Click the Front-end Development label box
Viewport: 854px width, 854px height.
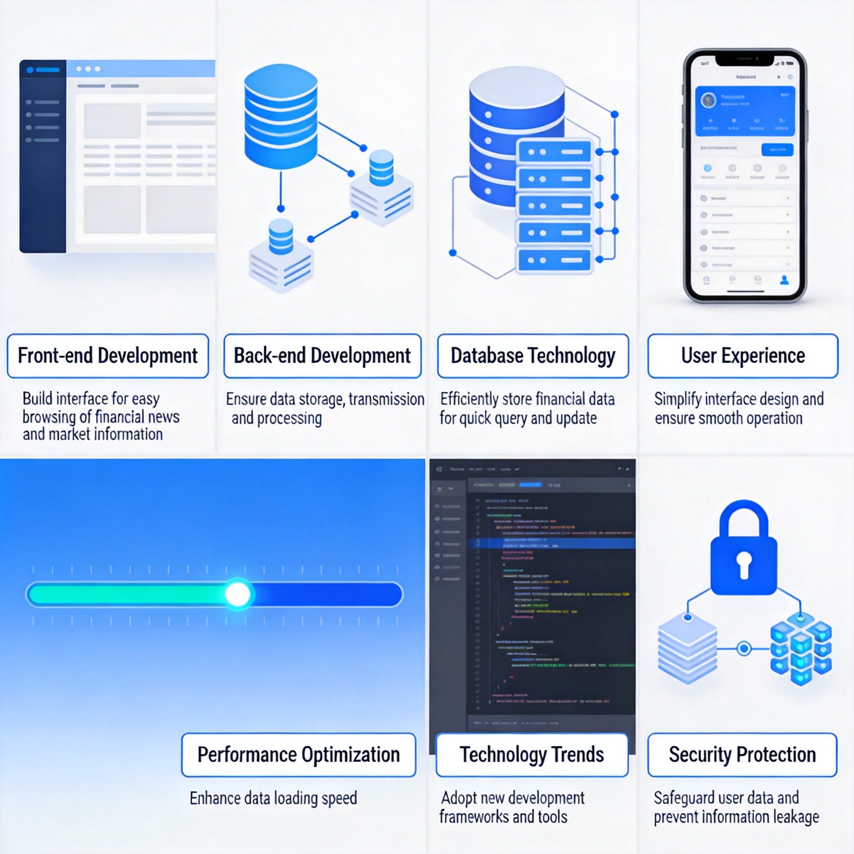[108, 356]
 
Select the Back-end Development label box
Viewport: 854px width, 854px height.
[322, 356]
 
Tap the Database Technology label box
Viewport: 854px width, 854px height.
[532, 356]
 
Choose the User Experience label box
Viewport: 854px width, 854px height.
[743, 356]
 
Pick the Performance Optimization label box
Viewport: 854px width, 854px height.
[299, 754]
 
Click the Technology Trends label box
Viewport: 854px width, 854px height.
[532, 754]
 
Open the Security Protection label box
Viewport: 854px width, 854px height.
[742, 754]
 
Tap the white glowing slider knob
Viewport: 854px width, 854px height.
[238, 594]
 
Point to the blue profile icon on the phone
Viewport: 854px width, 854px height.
[784, 280]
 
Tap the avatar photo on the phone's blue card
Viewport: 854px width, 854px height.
[708, 101]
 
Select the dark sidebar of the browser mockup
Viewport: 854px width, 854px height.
[43, 156]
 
